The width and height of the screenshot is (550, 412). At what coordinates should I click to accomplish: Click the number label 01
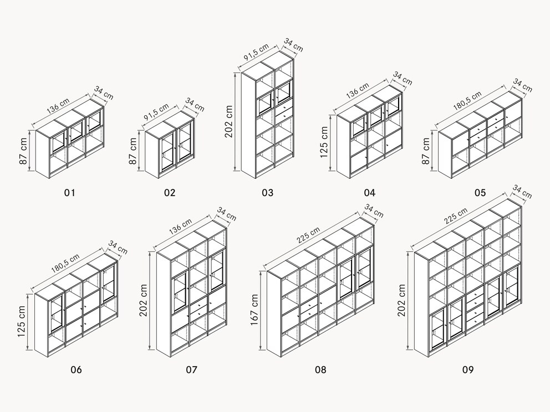tap(69, 193)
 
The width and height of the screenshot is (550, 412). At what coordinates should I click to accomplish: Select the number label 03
tap(268, 193)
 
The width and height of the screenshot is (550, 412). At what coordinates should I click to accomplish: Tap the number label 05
tap(480, 193)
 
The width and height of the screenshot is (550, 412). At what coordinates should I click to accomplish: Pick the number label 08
tap(320, 369)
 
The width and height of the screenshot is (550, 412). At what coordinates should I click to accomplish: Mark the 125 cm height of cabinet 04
tap(325, 142)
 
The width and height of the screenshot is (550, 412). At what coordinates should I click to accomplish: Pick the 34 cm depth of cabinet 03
tap(293, 45)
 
